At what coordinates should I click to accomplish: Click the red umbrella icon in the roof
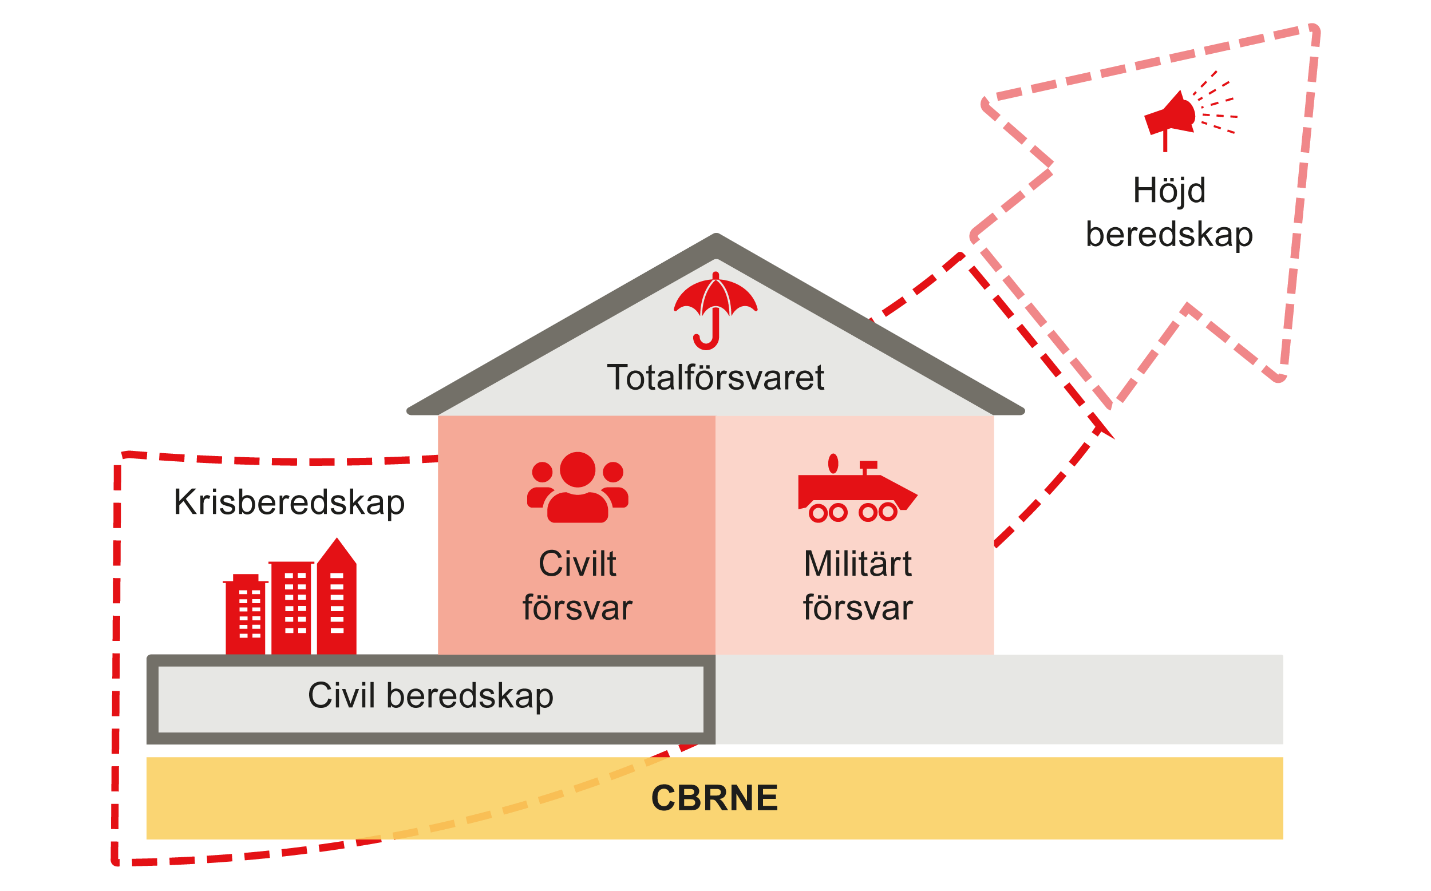(715, 298)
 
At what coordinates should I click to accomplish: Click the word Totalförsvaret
(715, 378)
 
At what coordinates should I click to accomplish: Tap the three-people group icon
(578, 488)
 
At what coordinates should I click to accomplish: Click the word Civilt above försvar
(577, 564)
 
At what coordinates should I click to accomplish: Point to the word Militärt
(857, 564)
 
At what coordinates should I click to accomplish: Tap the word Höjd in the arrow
(1169, 191)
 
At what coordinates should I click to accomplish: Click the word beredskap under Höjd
(1169, 235)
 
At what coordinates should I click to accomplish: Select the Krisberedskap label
(289, 502)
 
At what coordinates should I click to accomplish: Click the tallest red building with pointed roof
(337, 598)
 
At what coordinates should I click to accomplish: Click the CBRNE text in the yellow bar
(714, 798)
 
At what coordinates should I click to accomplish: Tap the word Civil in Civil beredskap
(341, 695)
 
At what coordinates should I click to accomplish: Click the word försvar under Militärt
(857, 608)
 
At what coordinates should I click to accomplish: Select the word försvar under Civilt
(577, 608)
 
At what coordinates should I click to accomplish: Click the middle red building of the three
(291, 607)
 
